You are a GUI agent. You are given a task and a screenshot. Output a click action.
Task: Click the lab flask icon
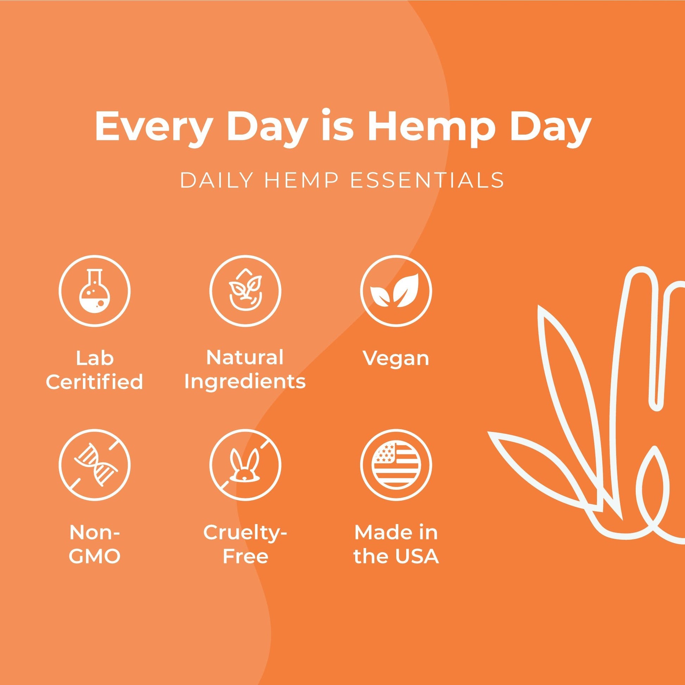coord(94,291)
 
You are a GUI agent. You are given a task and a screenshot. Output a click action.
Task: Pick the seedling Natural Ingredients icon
coord(245,291)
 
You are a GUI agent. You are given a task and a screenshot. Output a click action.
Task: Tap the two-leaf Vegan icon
coord(396,291)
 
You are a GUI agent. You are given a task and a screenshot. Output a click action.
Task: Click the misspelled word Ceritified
coord(94,382)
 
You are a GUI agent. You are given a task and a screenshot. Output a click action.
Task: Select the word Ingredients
coord(245,382)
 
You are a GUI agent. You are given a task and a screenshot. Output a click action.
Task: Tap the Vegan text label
coord(396,359)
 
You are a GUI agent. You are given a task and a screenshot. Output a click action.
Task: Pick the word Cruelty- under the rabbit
coord(245,533)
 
